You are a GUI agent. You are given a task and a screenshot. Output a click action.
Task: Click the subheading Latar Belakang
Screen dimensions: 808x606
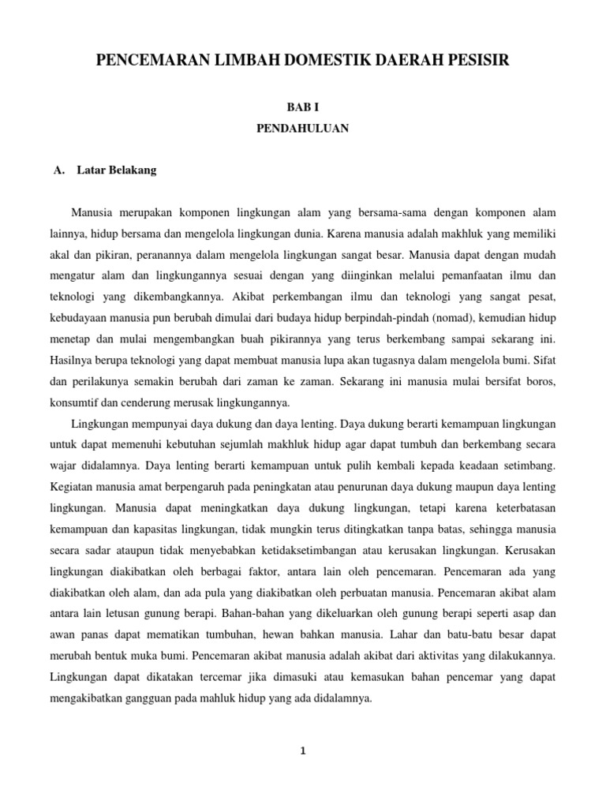pos(117,170)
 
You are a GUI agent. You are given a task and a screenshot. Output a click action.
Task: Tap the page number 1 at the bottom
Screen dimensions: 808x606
pos(303,751)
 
